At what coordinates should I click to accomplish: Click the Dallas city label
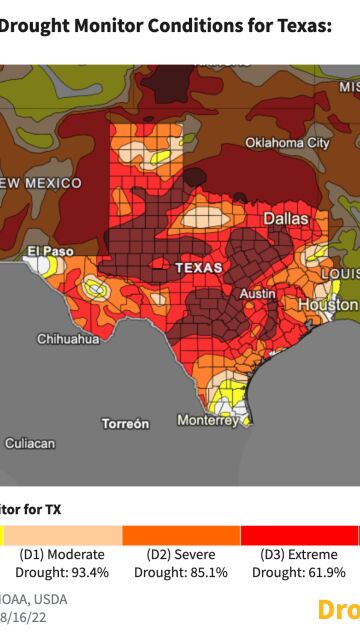click(285, 218)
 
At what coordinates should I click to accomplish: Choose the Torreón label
click(125, 424)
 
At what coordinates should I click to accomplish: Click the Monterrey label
click(208, 421)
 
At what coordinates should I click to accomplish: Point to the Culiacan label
click(29, 442)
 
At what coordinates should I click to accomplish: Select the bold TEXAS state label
click(198, 268)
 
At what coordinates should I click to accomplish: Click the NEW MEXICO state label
click(40, 183)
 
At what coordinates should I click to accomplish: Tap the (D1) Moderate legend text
click(62, 554)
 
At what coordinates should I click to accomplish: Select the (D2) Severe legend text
click(180, 554)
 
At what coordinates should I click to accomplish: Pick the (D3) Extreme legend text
click(298, 554)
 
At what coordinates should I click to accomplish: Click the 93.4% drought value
click(86, 573)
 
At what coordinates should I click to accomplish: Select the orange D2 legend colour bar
click(180, 535)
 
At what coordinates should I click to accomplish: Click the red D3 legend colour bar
click(298, 535)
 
